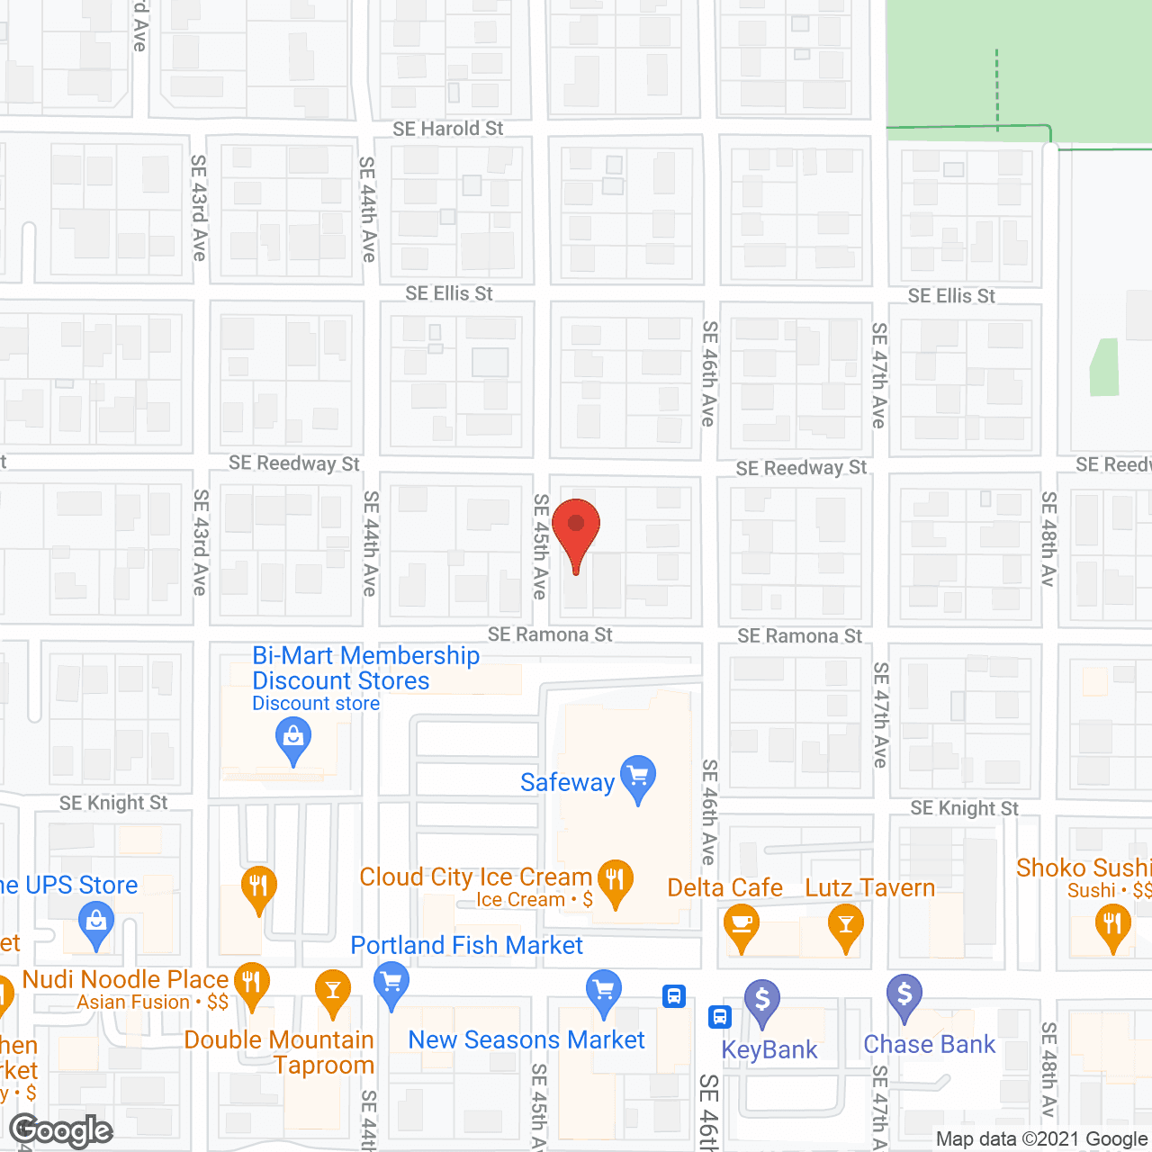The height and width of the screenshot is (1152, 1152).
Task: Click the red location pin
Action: pyautogui.click(x=576, y=526)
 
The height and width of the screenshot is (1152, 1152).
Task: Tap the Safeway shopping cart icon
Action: pyautogui.click(x=638, y=775)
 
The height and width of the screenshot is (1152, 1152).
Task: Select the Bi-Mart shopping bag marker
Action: pyautogui.click(x=292, y=737)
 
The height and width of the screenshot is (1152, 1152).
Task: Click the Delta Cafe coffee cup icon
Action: pyautogui.click(x=741, y=923)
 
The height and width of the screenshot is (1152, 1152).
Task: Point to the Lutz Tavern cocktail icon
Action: pyautogui.click(x=846, y=923)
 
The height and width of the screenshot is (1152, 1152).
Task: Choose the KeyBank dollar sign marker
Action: pyautogui.click(x=762, y=999)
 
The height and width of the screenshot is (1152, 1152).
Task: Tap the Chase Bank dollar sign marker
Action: pyautogui.click(x=904, y=994)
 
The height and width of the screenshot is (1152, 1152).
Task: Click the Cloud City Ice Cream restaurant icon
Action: pyautogui.click(x=616, y=878)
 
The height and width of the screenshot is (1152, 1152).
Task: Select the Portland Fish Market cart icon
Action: pyautogui.click(x=391, y=981)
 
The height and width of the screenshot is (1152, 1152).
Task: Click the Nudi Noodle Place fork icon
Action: pyautogui.click(x=252, y=981)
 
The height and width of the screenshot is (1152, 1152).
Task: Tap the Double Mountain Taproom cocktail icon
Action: pyautogui.click(x=333, y=990)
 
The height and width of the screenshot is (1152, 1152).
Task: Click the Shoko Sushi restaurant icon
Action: pyautogui.click(x=1113, y=923)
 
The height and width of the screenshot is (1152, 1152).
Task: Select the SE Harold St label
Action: pyautogui.click(x=447, y=129)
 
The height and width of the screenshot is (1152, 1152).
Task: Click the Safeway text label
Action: pyautogui.click(x=567, y=782)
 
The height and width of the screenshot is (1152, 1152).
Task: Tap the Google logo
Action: pyautogui.click(x=61, y=1130)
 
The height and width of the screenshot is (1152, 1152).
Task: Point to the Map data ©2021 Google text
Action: pyautogui.click(x=1041, y=1139)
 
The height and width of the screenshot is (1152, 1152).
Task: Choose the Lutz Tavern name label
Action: pyautogui.click(x=869, y=887)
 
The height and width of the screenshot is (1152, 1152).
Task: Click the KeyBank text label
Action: pyautogui.click(x=769, y=1049)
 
